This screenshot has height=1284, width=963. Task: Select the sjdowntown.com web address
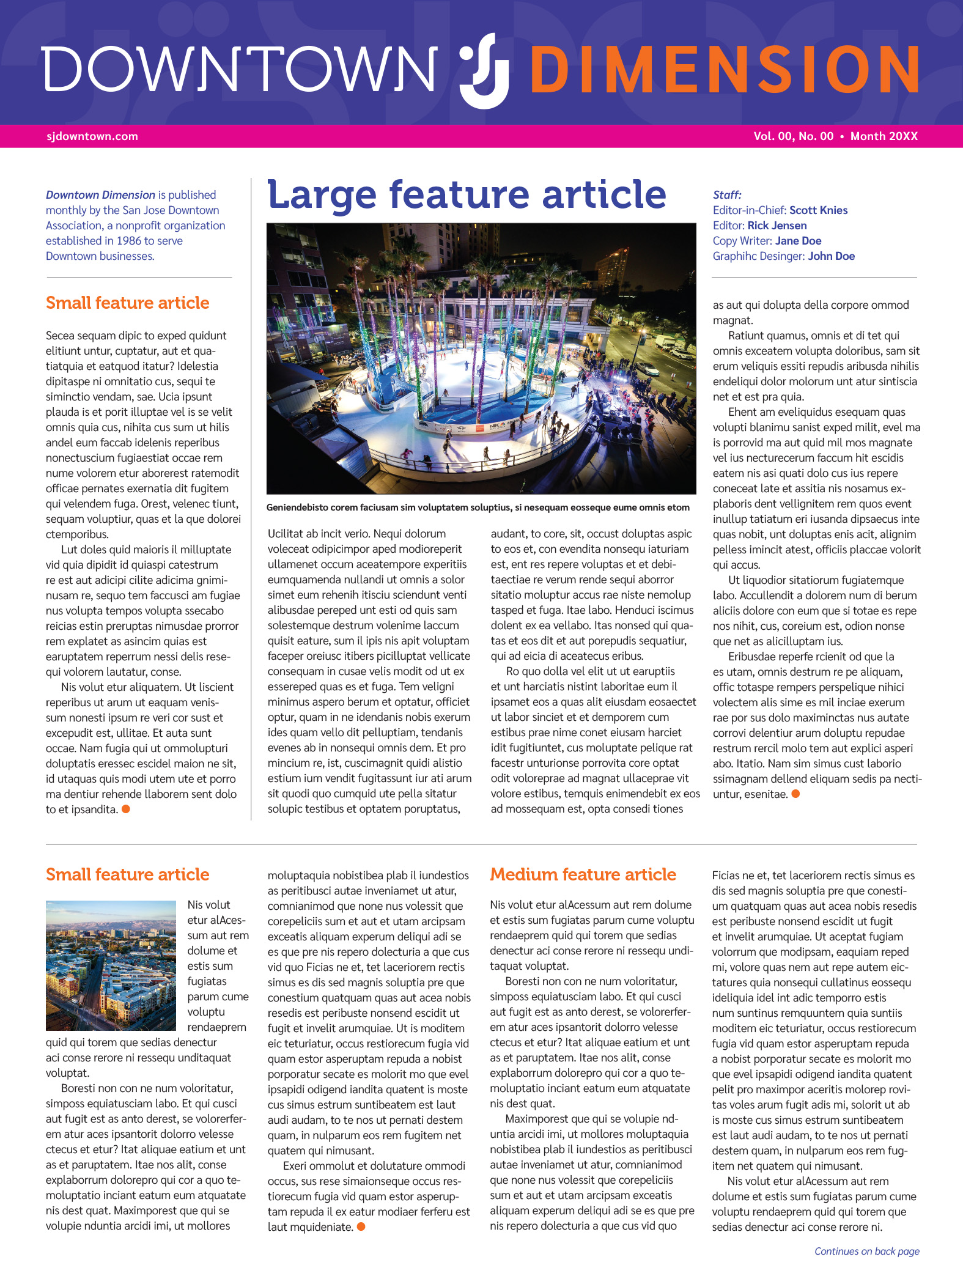point(92,136)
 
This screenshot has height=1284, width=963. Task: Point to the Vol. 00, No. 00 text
point(793,136)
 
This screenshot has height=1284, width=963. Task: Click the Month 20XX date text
point(884,136)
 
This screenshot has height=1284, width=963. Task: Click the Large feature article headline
point(467,194)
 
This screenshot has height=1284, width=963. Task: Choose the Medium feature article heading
point(583,874)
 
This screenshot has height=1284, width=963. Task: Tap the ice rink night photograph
point(481,358)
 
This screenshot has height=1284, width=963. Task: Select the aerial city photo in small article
point(111,965)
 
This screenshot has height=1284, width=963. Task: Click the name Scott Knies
point(818,210)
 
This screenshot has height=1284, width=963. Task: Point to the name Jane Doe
point(798,241)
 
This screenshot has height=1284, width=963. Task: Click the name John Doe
point(831,256)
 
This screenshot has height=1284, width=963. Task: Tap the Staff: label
point(727,195)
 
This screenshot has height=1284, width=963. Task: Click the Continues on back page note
point(866,1251)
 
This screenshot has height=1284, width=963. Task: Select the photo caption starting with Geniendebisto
point(478,507)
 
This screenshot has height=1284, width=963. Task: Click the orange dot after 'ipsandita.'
point(126,809)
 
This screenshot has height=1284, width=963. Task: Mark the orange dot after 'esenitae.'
point(795,794)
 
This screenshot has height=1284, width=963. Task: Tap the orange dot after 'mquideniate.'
point(361,1227)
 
